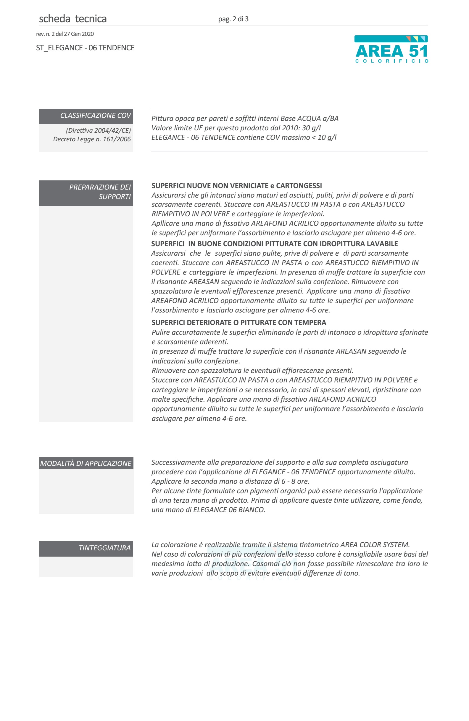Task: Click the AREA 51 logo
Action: tap(391, 49)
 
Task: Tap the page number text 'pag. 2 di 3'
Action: tap(233, 19)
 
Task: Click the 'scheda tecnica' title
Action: tap(72, 19)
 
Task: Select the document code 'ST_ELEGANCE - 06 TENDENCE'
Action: tap(85, 48)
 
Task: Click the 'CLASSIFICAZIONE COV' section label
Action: tap(95, 116)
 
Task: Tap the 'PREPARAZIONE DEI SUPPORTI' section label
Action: tap(100, 192)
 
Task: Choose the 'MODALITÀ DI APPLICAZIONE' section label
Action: tap(86, 463)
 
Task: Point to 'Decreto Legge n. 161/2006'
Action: tap(92, 139)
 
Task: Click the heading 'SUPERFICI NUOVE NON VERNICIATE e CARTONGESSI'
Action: tap(237, 186)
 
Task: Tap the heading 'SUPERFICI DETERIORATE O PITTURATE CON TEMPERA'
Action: tap(239, 323)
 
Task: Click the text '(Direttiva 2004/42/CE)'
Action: tap(98, 131)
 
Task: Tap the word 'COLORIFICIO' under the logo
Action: tap(392, 61)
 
